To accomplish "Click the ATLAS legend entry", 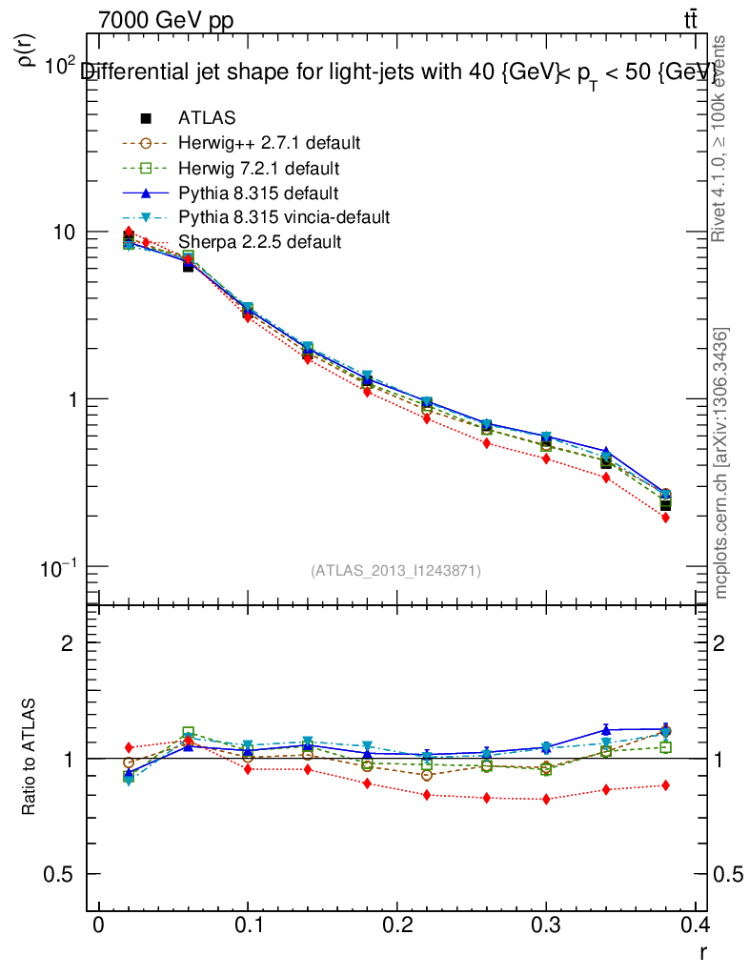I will pos(207,118).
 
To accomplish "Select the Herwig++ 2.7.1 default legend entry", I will pos(269,143).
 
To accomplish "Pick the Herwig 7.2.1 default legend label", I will pos(259,168).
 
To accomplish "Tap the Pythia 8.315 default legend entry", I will pos(258,193).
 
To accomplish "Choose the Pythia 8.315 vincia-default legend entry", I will pos(283,217).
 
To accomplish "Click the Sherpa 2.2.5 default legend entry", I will pos(259,242).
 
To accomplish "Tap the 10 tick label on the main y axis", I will pos(60,233).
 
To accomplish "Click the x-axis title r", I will pos(703,950).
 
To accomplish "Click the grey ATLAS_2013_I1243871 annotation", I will pos(395,570).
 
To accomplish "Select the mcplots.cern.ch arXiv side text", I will pos(721,463).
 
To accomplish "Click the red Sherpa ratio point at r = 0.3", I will pos(546,799).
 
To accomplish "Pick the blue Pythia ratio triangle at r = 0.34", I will pos(606,730).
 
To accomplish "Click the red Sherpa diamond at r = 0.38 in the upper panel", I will pos(665,518).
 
